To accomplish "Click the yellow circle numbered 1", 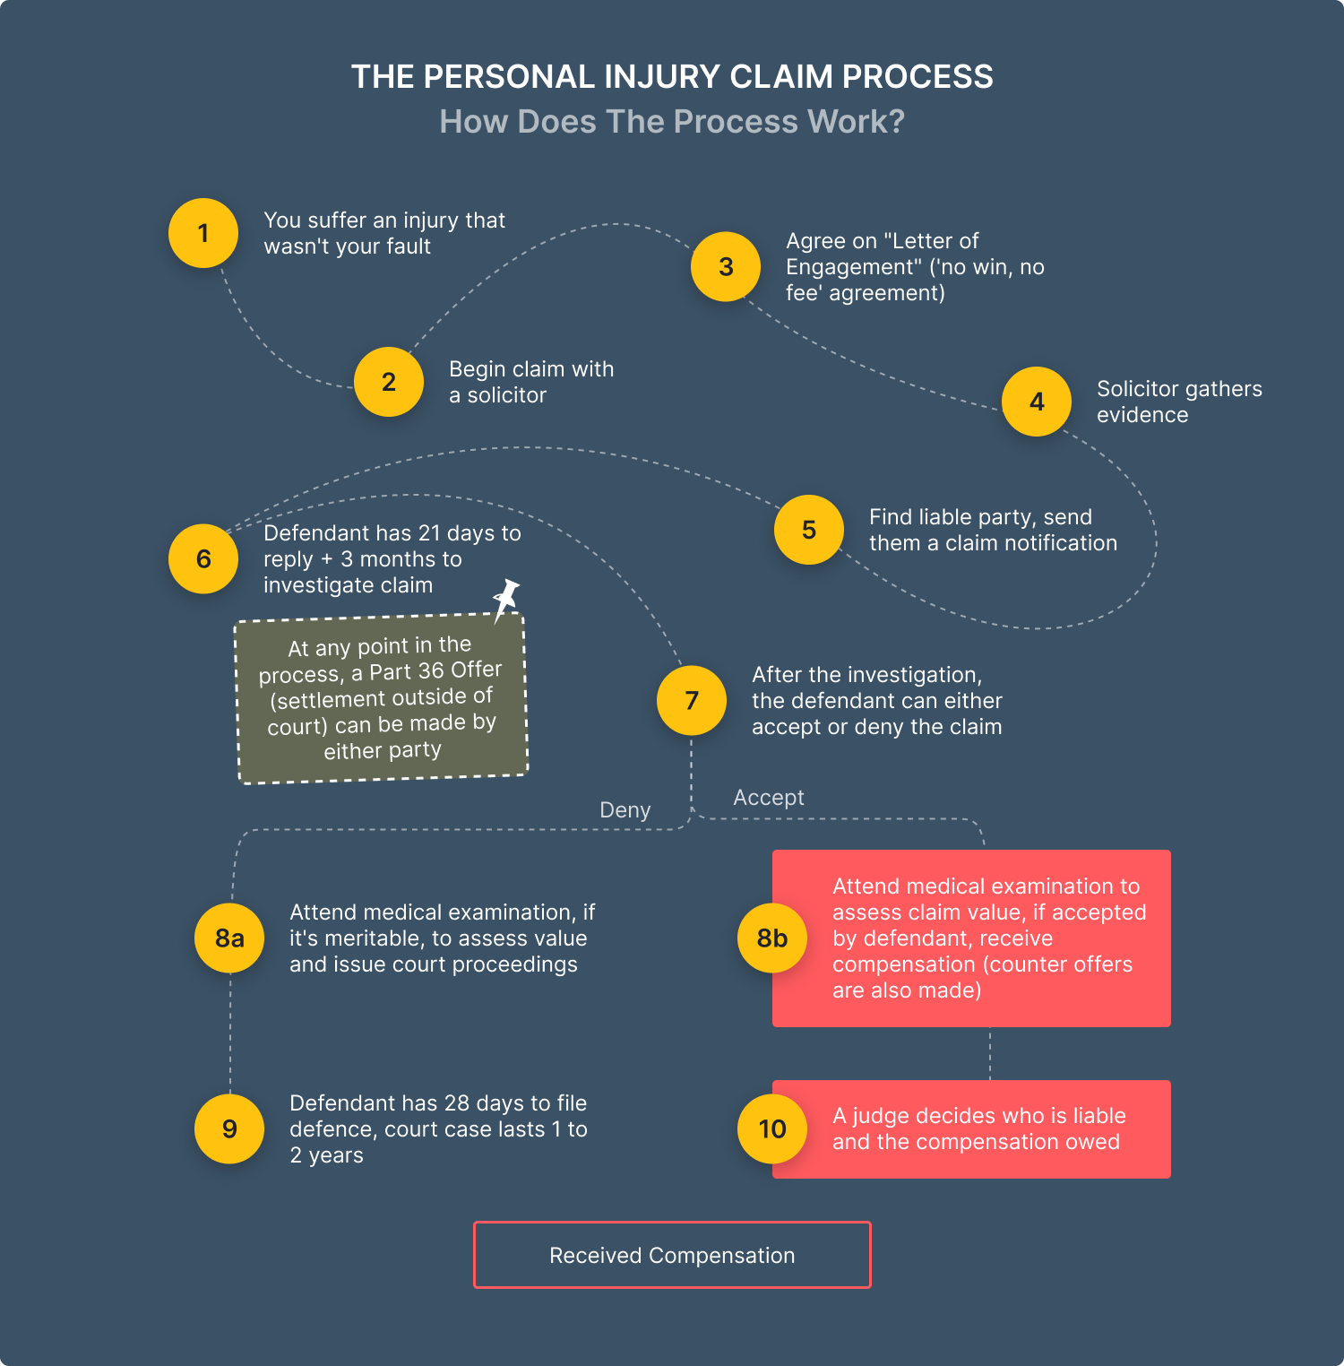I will pos(203,233).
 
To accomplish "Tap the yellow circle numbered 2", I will pos(389,382).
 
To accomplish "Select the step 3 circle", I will pos(726,266).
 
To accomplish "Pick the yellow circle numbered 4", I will pos(1037,402).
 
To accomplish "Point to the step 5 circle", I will pos(809,530).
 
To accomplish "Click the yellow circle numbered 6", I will pos(203,558).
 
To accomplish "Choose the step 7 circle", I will pos(692,700).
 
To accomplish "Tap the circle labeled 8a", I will pos(229,938).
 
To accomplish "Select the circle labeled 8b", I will pos(772,938).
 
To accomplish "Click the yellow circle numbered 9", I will pos(229,1128).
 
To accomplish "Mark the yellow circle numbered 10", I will pos(772,1128).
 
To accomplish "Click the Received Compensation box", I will pos(672,1255).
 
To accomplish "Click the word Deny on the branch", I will pos(625,810).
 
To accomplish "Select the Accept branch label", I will pos(769,798).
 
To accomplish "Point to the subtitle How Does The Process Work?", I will pos(672,122).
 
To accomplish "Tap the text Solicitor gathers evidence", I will pos(1179,402).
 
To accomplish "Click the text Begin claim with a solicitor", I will pos(531,382).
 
